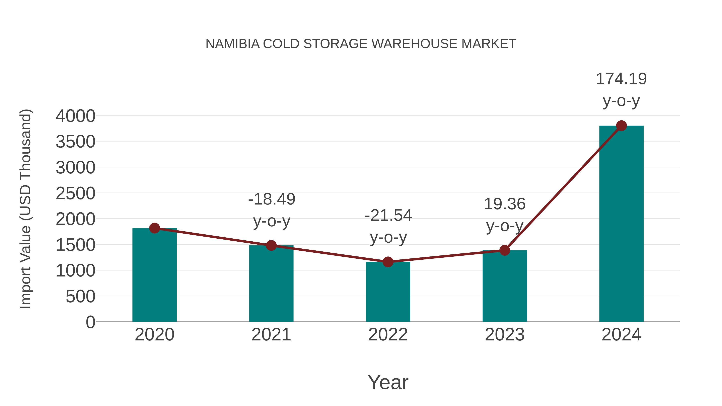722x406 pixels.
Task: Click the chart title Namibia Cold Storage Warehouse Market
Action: (x=361, y=44)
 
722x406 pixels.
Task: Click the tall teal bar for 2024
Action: (x=621, y=224)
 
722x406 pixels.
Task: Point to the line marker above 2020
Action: (x=154, y=228)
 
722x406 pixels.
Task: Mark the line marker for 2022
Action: (x=388, y=262)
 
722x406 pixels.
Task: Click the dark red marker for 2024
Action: (x=621, y=126)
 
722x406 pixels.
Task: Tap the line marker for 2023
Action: (x=505, y=250)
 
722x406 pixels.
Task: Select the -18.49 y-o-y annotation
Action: (x=272, y=210)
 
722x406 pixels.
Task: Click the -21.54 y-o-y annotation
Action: (x=388, y=226)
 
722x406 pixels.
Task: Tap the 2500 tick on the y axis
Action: (x=75, y=193)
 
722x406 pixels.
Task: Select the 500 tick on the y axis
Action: (x=80, y=297)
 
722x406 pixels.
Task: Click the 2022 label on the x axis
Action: (x=388, y=335)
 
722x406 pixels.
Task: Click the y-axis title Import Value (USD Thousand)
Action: (x=25, y=209)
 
